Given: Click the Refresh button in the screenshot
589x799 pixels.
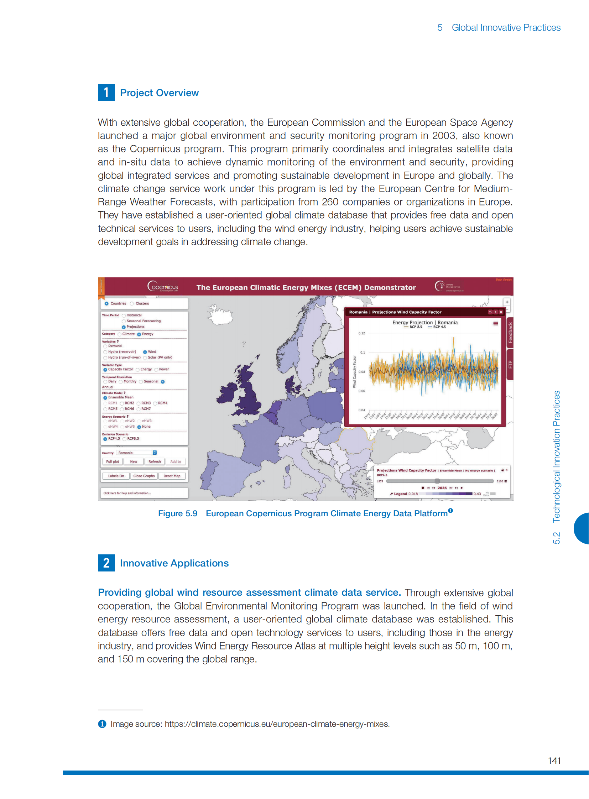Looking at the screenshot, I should [155, 461].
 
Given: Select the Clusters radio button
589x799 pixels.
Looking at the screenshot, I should [132, 303].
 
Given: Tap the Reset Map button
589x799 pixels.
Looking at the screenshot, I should [172, 476].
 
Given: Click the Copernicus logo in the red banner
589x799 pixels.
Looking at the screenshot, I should [163, 287].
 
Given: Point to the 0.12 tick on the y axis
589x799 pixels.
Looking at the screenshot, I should [361, 333].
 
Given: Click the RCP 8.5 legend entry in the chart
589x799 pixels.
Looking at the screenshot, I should [413, 327].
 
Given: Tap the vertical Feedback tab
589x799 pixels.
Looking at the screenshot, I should [510, 332].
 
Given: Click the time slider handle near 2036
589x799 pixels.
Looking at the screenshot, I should [437, 481].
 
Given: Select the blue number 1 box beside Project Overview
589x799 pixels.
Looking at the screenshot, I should [106, 93].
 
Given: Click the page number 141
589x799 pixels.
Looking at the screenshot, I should [554, 761].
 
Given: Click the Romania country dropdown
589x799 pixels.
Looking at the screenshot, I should [137, 453].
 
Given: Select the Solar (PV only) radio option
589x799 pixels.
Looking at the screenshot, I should [145, 357].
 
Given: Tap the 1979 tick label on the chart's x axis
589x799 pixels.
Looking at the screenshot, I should [366, 416].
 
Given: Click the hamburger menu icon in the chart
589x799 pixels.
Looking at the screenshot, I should [495, 323].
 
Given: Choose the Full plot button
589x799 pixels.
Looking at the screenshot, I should [113, 461].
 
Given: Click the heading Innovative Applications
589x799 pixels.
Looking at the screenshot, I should [174, 563].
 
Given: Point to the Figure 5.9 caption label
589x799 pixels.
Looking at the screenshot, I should [178, 513].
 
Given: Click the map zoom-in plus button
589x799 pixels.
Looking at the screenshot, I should [507, 302].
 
